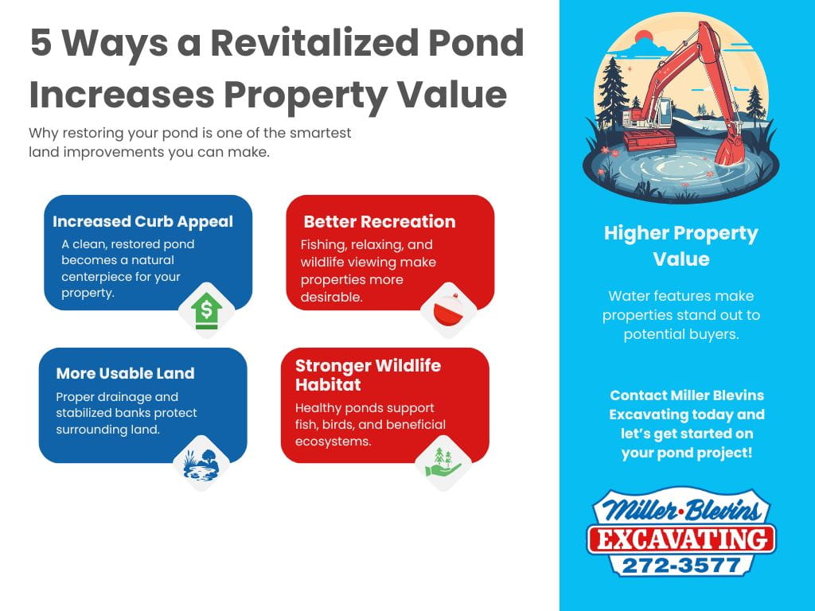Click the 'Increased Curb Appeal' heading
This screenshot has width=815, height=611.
pyautogui.click(x=143, y=222)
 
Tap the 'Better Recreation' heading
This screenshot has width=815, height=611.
pyautogui.click(x=380, y=222)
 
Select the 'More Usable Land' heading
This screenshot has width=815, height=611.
pyautogui.click(x=125, y=373)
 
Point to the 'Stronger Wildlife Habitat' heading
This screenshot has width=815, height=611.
pyautogui.click(x=368, y=375)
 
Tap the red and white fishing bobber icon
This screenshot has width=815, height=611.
pyautogui.click(x=447, y=310)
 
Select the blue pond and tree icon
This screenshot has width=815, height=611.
pyautogui.click(x=201, y=463)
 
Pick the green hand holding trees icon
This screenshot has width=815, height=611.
pyautogui.click(x=443, y=462)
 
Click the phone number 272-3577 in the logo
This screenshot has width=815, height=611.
pyautogui.click(x=681, y=564)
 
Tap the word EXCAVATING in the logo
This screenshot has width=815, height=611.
pyautogui.click(x=681, y=539)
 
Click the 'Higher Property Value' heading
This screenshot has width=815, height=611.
pyautogui.click(x=680, y=246)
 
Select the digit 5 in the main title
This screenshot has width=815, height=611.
pyautogui.click(x=41, y=43)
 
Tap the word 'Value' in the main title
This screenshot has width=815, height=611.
pyautogui.click(x=458, y=95)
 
